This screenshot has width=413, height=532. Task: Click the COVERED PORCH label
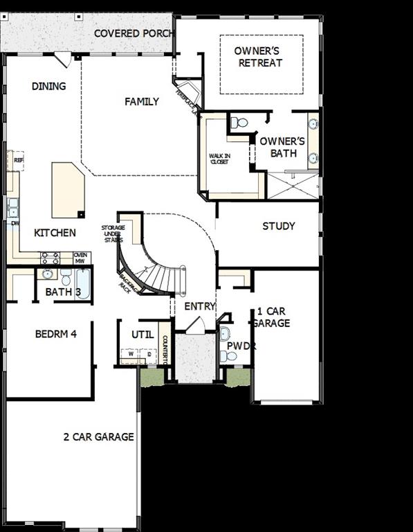[x=134, y=33]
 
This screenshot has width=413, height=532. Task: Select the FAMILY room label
[x=142, y=102]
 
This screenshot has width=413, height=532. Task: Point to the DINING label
[x=49, y=87]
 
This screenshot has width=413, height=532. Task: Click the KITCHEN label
[x=55, y=233]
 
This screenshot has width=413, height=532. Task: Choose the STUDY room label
[x=279, y=226]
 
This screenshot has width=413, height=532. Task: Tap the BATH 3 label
[x=63, y=292]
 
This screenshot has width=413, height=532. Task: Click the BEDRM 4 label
[x=55, y=334]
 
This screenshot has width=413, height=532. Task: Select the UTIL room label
[x=143, y=335]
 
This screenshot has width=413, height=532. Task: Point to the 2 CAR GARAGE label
[x=98, y=437]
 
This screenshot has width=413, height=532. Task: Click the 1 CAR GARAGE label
[x=272, y=317]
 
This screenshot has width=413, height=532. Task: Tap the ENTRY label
[x=200, y=306]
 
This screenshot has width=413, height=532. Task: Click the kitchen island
[x=68, y=190]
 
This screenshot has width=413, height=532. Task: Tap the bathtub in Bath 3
[x=83, y=283]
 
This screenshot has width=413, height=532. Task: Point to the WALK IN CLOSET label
[x=220, y=160]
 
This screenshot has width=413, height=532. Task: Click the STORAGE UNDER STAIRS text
[x=113, y=234]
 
